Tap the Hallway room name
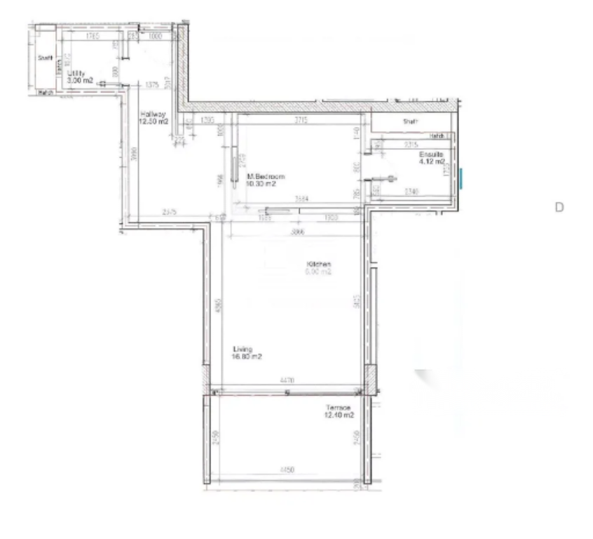tap(152, 114)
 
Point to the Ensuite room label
tap(430, 154)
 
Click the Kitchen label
tap(318, 265)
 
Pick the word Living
tap(243, 349)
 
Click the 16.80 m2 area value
tap(247, 357)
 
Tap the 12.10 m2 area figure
tap(339, 415)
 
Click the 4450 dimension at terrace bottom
tap(287, 468)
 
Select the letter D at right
tap(559, 207)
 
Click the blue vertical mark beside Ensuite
tap(461, 178)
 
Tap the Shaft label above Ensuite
tap(410, 121)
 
